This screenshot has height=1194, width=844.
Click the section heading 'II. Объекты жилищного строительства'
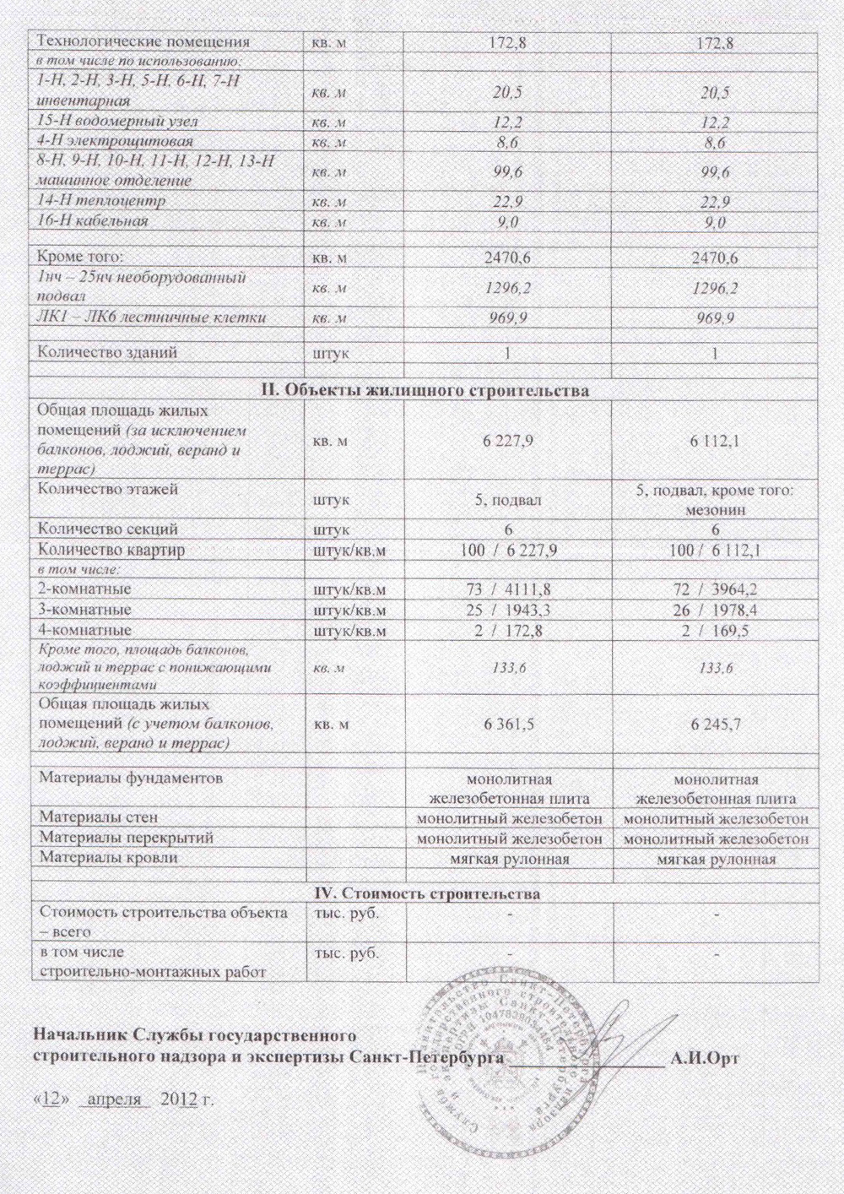(x=423, y=389)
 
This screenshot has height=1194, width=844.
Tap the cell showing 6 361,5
(x=509, y=725)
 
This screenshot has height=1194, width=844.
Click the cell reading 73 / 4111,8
(x=508, y=589)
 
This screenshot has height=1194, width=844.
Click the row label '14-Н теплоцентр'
(x=102, y=201)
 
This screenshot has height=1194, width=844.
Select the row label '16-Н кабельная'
(x=94, y=221)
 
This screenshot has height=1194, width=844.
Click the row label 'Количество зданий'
(x=108, y=352)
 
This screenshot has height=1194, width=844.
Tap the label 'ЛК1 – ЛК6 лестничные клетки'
(x=153, y=317)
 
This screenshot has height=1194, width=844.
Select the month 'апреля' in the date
(x=114, y=1099)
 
